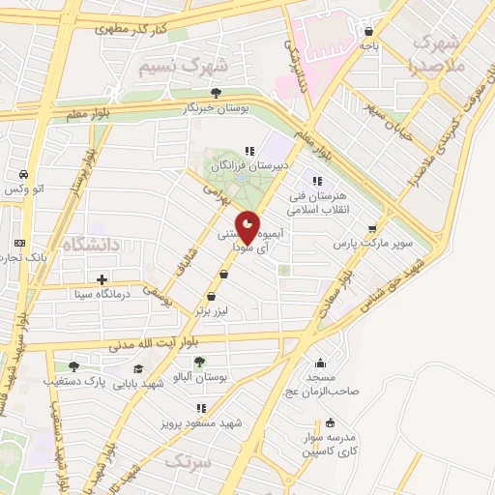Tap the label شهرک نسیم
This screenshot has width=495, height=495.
(183, 67)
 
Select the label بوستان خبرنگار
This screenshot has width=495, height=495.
(217, 109)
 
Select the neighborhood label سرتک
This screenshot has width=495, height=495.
(187, 462)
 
